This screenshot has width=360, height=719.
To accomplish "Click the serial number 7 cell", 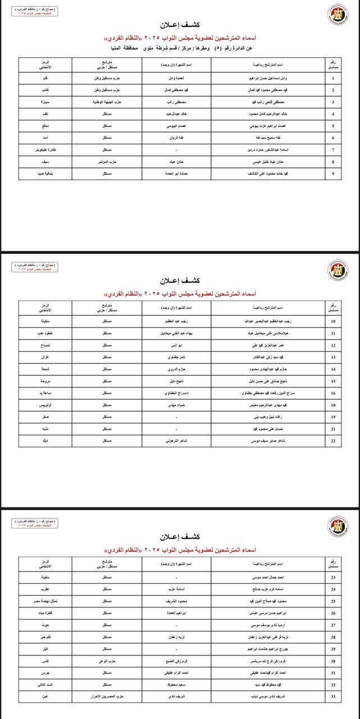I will click(334, 150).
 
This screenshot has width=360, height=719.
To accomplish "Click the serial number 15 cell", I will click(334, 381).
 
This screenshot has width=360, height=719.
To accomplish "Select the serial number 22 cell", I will click(334, 441).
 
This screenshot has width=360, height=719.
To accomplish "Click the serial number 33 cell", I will click(334, 696).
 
